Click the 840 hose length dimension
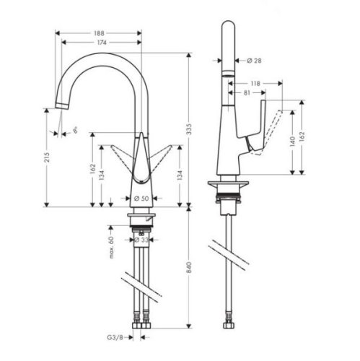[191, 266]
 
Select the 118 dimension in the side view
[255, 83]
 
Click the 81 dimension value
[247, 92]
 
